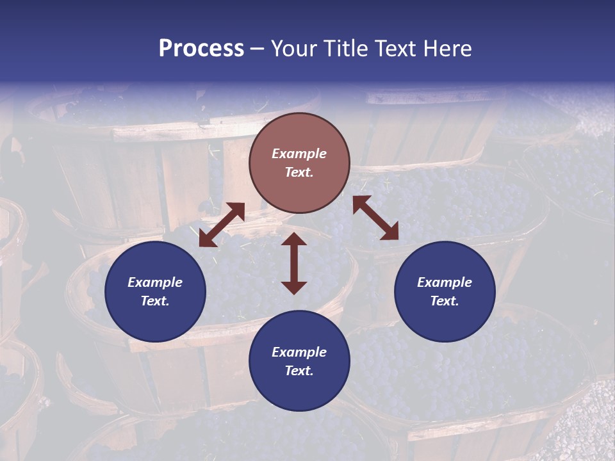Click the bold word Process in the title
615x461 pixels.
pos(201,49)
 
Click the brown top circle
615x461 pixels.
pos(299,163)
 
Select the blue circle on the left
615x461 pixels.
pos(155,291)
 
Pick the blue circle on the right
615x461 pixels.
pos(445,291)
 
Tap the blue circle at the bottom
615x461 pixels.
pos(299,361)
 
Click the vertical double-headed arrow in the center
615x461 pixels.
pos(294,263)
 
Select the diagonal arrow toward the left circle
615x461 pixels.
pos(222,225)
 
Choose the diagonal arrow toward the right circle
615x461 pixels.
pos(375,218)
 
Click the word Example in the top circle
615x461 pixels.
pos(299,154)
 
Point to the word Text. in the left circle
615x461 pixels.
pos(155,301)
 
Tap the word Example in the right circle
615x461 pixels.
pos(445,282)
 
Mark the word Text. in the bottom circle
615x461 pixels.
pos(299,371)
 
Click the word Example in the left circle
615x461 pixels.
pos(155,282)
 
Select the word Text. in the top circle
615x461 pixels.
pos(299,172)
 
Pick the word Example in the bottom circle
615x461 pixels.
pos(299,352)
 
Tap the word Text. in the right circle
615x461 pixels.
pos(445,301)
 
